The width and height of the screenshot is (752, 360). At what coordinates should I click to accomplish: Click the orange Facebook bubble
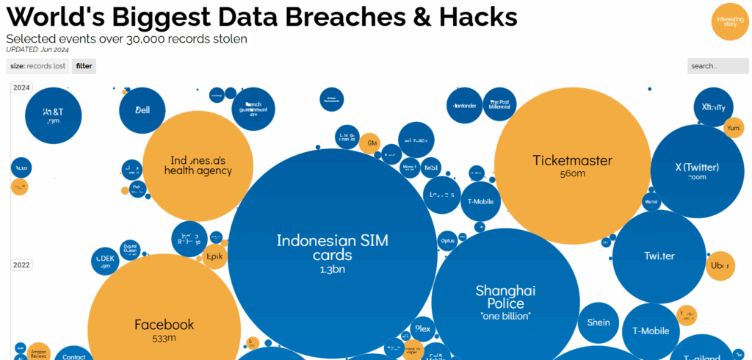click(x=164, y=328)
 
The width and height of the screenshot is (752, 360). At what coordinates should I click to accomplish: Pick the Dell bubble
click(x=142, y=110)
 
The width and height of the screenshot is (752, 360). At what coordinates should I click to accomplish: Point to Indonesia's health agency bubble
click(x=198, y=165)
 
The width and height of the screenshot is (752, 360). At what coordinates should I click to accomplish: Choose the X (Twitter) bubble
click(x=698, y=170)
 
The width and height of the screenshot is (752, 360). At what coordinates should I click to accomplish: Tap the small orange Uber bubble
click(x=720, y=266)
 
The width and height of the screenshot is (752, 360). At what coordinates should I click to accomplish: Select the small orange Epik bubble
click(x=214, y=256)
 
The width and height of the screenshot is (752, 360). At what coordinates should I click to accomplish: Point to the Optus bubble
click(x=446, y=240)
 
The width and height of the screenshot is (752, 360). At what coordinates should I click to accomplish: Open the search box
click(x=717, y=66)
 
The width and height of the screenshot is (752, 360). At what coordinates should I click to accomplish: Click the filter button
click(x=84, y=66)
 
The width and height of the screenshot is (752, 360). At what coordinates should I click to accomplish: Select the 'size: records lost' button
click(x=37, y=66)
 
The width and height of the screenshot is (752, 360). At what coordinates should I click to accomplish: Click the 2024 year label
click(x=21, y=88)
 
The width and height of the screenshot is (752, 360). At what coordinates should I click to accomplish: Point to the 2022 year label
click(x=21, y=265)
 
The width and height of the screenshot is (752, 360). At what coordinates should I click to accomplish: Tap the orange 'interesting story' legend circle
click(x=729, y=21)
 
